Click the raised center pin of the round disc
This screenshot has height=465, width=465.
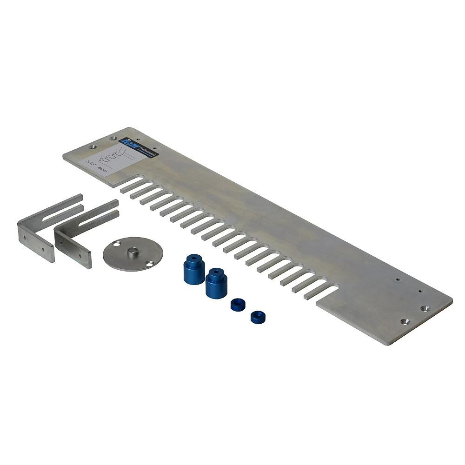(133, 252)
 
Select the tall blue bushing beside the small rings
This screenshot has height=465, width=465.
(216, 282)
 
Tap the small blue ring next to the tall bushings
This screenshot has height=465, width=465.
(238, 305)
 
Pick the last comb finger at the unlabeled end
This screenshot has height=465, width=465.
(321, 292)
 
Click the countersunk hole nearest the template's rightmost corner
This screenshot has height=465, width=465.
(425, 308)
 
